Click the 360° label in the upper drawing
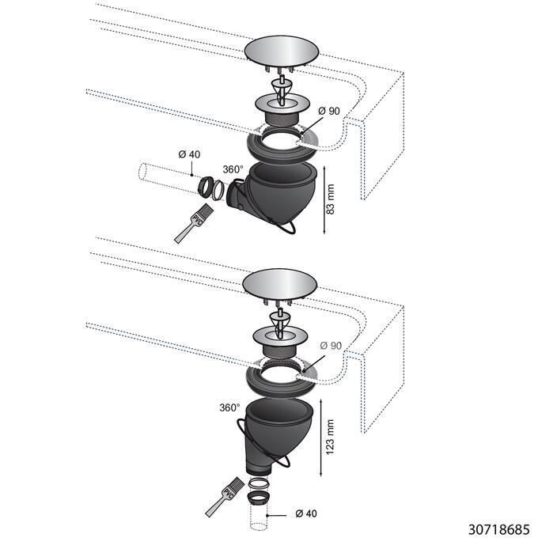tap(233, 169)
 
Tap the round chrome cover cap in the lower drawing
tap(282, 286)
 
